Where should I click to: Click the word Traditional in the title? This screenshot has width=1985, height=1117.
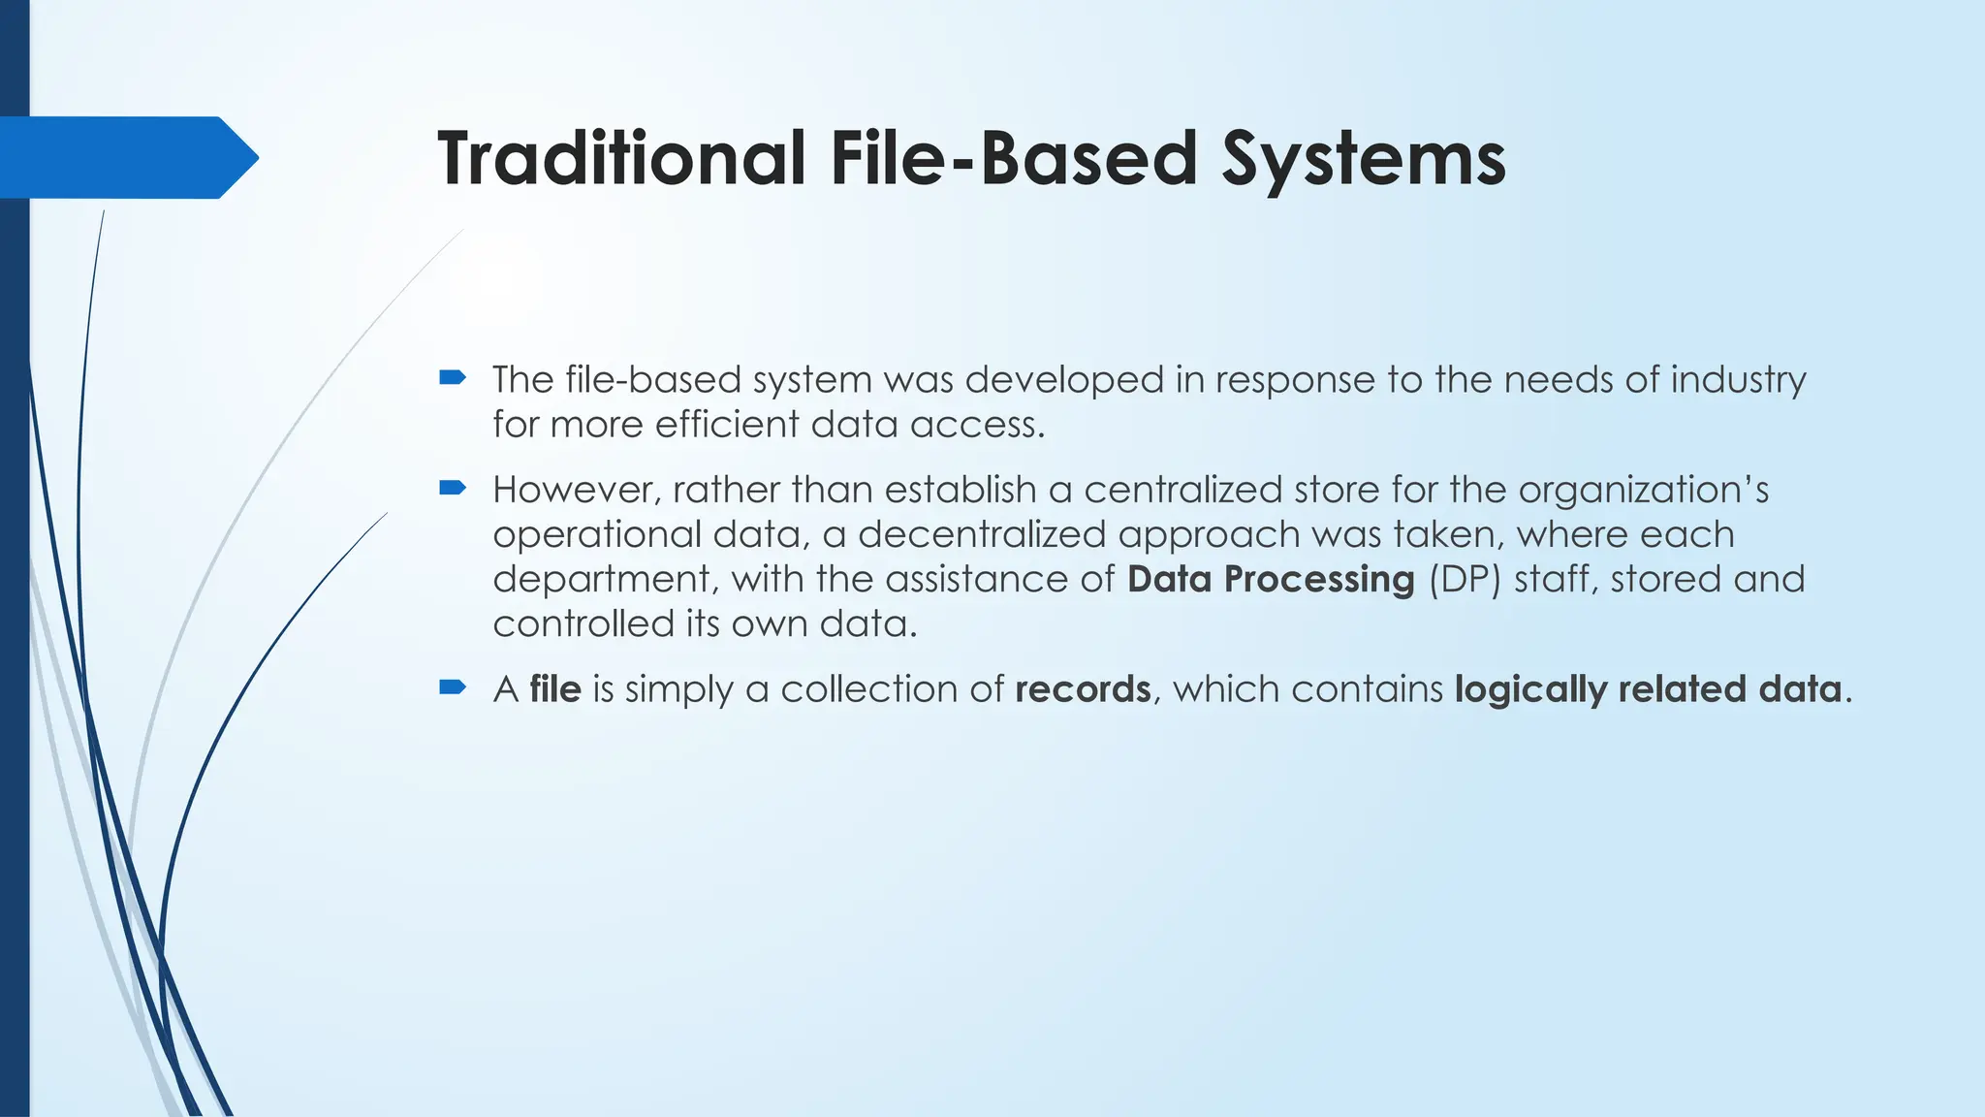coord(621,158)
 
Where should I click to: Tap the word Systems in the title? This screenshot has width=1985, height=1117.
coord(1363,158)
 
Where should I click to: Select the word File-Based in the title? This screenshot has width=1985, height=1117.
coord(1014,158)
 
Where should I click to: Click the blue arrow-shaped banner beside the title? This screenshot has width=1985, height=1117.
coord(126,157)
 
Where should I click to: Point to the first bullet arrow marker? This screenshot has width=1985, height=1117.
coord(453,377)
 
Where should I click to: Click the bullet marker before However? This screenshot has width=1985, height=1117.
coord(453,488)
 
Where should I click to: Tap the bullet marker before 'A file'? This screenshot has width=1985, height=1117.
coord(453,687)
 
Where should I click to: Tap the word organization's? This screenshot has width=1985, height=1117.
coord(1643,490)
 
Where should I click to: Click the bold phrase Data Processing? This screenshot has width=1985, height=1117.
coord(1271,579)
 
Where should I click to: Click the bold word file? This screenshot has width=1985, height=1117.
coord(555,689)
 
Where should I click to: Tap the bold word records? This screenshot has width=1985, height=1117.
coord(1083,689)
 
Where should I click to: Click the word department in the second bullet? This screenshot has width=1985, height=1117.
coord(605,580)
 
